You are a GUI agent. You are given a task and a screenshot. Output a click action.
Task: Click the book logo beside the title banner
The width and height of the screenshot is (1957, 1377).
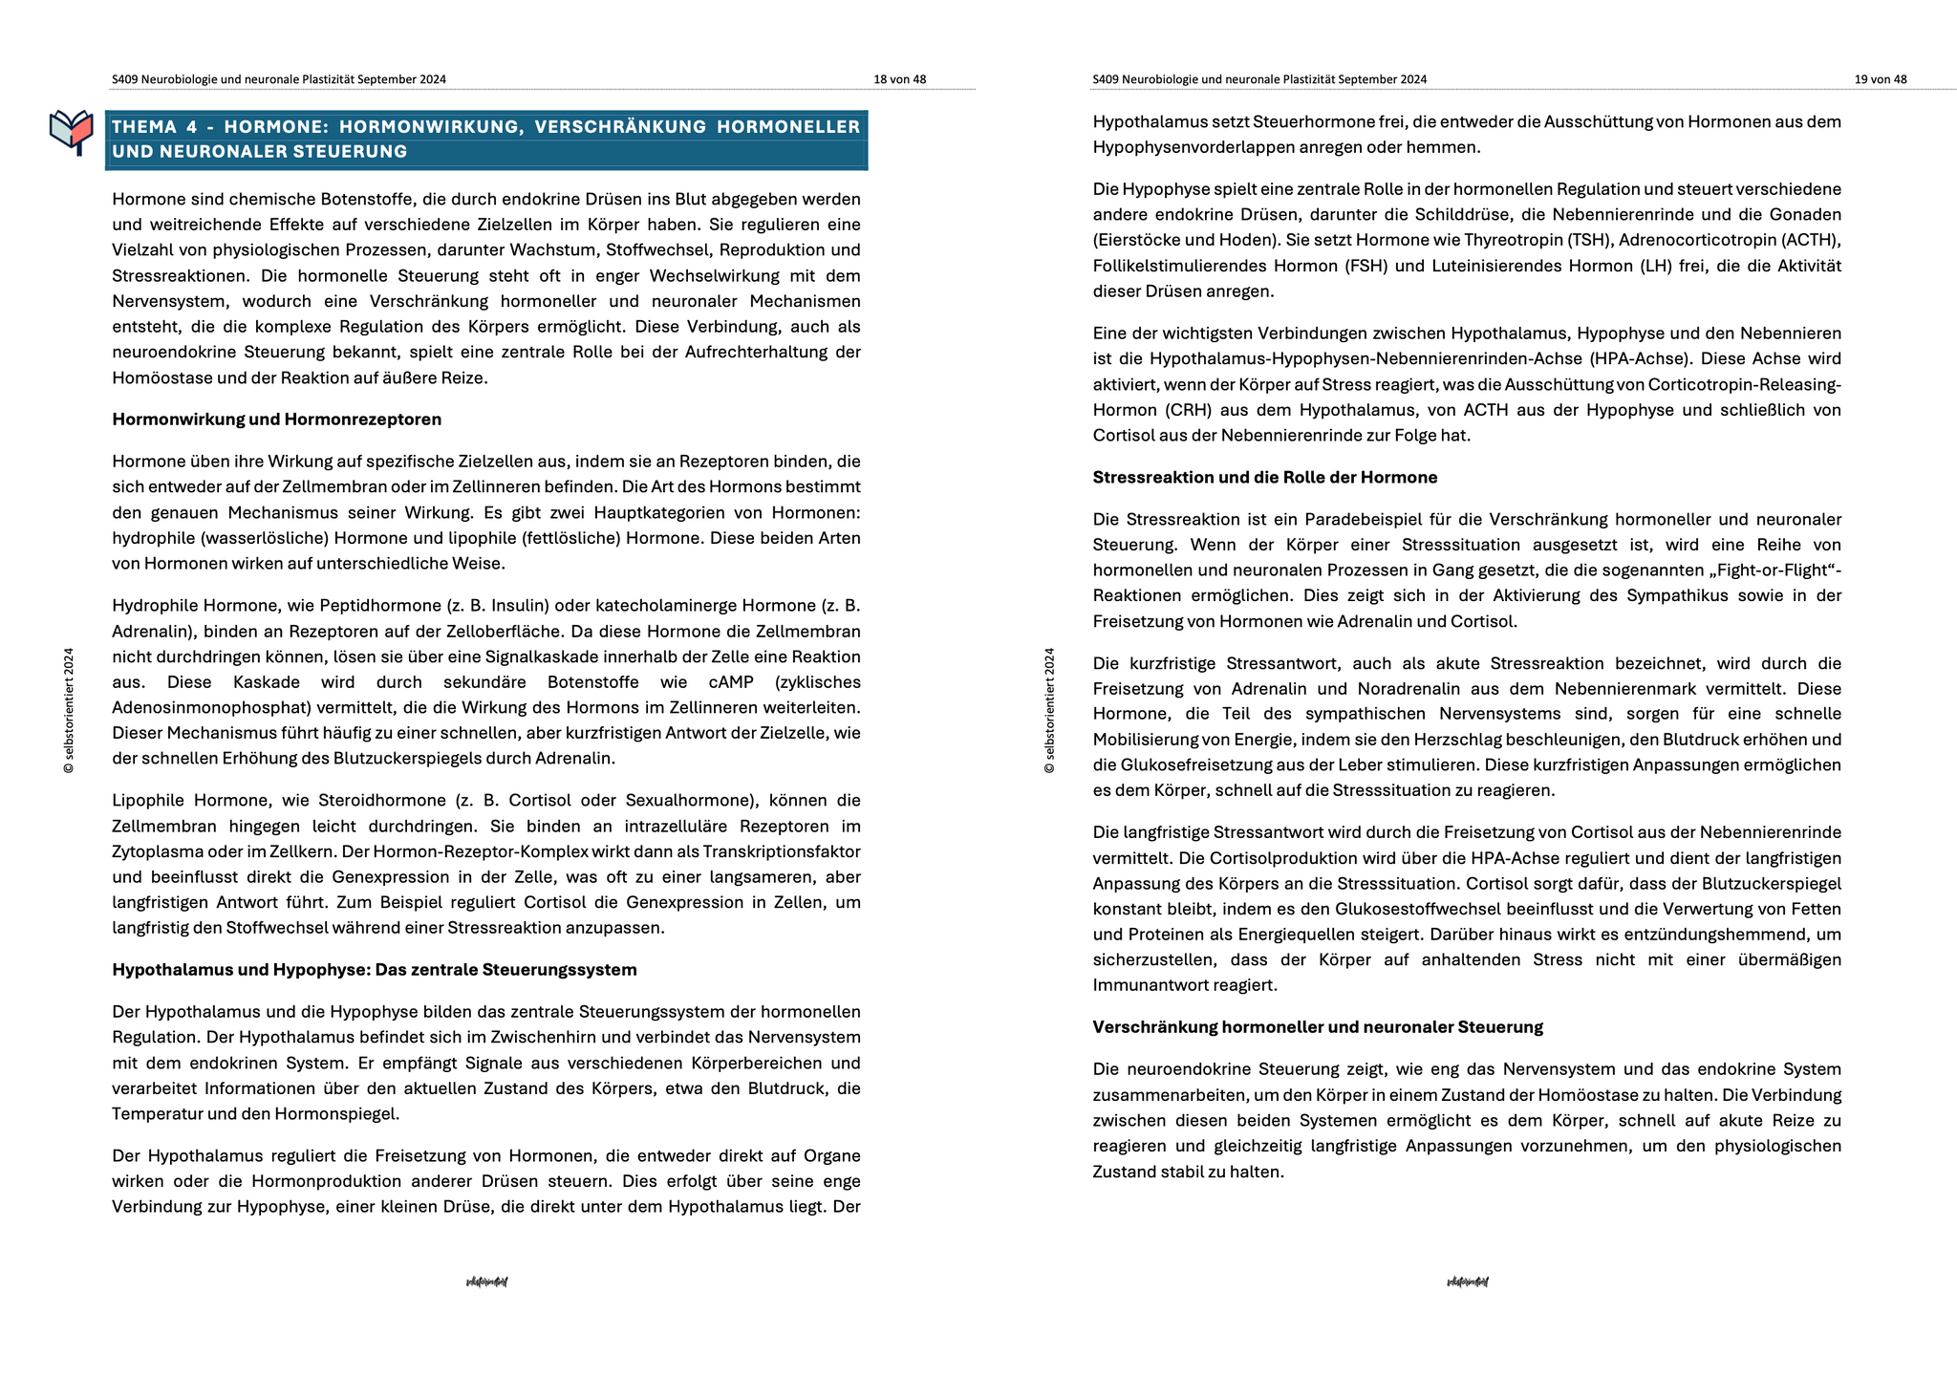click(72, 132)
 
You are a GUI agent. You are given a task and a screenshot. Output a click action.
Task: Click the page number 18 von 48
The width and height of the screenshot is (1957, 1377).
click(899, 79)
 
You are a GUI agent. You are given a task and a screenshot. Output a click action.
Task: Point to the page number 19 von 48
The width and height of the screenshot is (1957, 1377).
click(1880, 79)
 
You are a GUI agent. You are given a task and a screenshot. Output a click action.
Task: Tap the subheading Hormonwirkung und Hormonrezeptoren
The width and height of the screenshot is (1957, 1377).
click(276, 420)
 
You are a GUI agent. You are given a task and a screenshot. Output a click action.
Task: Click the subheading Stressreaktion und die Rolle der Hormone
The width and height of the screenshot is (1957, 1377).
click(1264, 478)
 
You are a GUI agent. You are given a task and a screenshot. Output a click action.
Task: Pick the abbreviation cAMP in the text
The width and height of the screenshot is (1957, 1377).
click(731, 682)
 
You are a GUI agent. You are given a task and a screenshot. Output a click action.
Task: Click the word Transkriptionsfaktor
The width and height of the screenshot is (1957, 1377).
click(782, 851)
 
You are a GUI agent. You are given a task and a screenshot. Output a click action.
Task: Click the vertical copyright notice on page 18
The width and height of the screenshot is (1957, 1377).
click(69, 711)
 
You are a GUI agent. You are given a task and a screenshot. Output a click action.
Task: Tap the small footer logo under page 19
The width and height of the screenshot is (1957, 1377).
click(1467, 1281)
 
